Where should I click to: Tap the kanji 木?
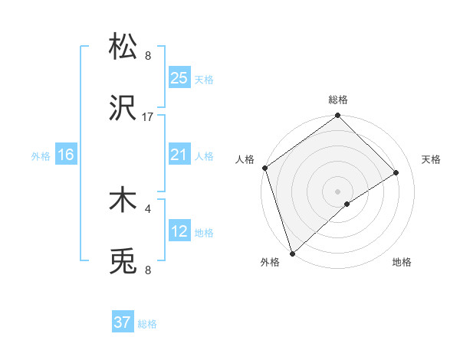pyautogui.click(x=123, y=201)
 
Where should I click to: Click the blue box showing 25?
pyautogui.click(x=179, y=77)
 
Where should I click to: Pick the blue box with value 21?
pyautogui.click(x=179, y=155)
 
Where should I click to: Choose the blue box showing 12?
pyautogui.click(x=179, y=231)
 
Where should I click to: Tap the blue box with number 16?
pyautogui.click(x=66, y=155)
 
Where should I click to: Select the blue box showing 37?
pyautogui.click(x=123, y=322)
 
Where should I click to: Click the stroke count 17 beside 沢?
pyautogui.click(x=148, y=117)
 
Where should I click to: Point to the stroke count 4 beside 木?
pyautogui.click(x=148, y=207)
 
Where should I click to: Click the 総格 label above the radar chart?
pyautogui.click(x=338, y=100)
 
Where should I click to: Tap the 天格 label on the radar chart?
pyautogui.click(x=432, y=159)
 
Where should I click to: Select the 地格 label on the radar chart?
pyautogui.click(x=402, y=263)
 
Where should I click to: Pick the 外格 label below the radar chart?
pyautogui.click(x=270, y=263)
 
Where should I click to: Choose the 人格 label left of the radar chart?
pyautogui.click(x=245, y=159)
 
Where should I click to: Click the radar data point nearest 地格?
pyautogui.click(x=347, y=204)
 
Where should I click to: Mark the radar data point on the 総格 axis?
pyautogui.click(x=338, y=116)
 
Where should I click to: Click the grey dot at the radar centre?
pyautogui.click(x=337, y=191)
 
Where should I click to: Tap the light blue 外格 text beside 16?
pyautogui.click(x=41, y=155)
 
